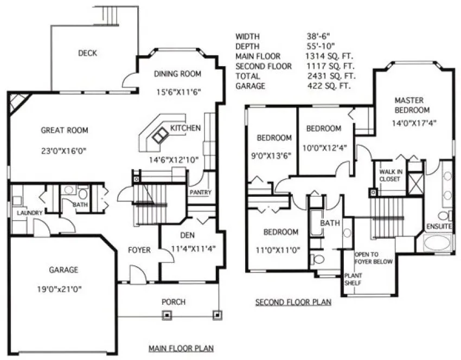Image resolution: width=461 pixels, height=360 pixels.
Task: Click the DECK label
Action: tap(87, 53)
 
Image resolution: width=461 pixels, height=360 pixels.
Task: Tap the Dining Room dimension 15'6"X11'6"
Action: tap(177, 92)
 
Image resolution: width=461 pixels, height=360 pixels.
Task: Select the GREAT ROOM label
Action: tap(64, 130)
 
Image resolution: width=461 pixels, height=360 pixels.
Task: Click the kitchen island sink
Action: tap(159, 137)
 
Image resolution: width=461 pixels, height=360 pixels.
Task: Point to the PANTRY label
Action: tap(200, 192)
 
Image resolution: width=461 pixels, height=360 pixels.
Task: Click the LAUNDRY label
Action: tap(29, 213)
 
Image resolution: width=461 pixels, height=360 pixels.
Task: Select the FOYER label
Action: tap(139, 250)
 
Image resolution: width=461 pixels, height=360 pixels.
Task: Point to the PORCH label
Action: tap(174, 301)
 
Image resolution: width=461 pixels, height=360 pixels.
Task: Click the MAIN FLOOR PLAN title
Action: tap(181, 348)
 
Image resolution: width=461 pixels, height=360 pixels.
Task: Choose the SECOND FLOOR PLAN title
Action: tap(293, 301)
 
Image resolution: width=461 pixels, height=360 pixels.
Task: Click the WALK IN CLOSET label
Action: tap(390, 175)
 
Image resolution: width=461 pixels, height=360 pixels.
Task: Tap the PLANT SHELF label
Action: tap(353, 279)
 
